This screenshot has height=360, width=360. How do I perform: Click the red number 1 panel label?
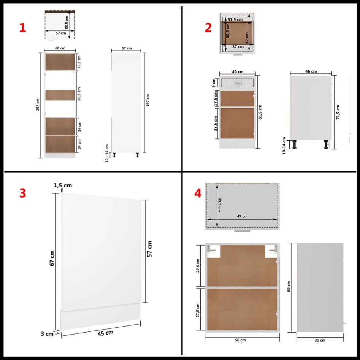tap(22, 28)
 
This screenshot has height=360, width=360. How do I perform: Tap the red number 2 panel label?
tap(208, 28)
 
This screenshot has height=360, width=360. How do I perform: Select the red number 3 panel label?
tap(22, 193)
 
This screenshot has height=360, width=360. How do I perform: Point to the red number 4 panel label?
tap(197, 193)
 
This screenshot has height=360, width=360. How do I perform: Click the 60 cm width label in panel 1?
tap(60, 48)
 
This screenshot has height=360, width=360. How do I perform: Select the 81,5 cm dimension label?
tap(261, 112)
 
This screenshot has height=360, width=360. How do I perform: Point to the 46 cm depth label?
tap(311, 71)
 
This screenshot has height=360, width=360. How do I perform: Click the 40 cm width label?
tap(237, 72)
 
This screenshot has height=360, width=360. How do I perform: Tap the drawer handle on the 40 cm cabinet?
tap(237, 82)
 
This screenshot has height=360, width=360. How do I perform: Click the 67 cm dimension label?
tap(52, 259)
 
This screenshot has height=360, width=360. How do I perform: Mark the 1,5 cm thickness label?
tap(63, 185)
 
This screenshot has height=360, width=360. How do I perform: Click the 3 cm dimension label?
tap(47, 334)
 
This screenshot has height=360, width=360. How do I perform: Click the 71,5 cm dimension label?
tap(338, 112)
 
